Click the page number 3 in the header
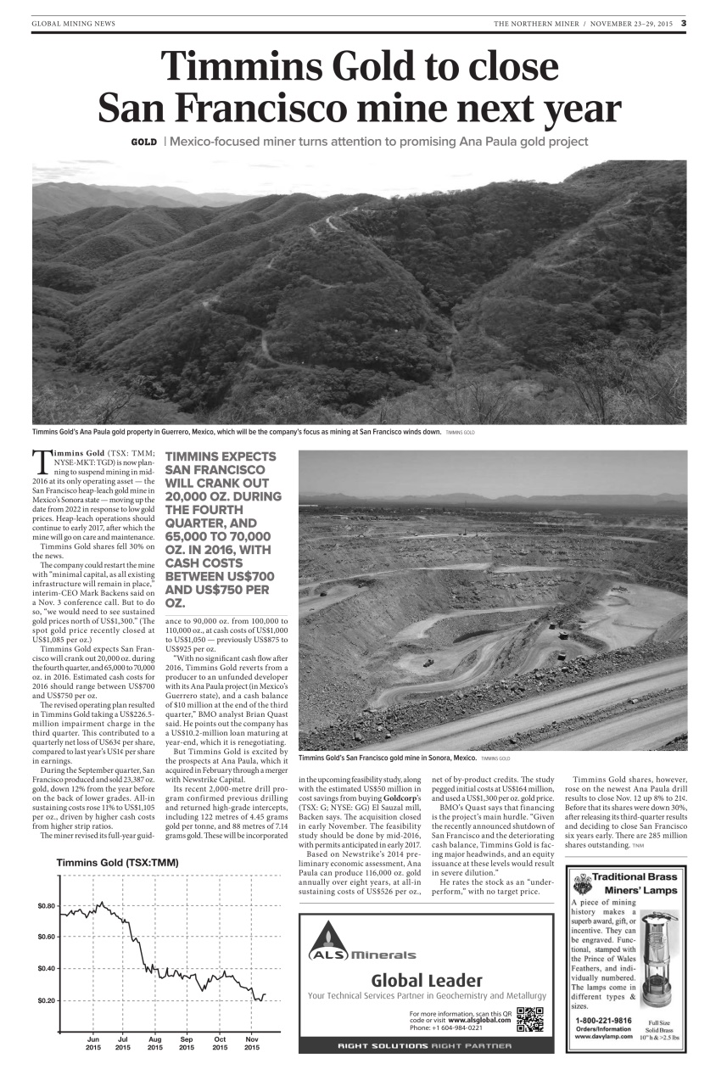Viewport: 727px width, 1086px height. (x=683, y=23)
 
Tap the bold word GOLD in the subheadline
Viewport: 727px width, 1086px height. (x=143, y=142)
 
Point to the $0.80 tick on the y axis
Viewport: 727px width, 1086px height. (x=47, y=906)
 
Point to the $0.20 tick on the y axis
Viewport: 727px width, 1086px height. (x=47, y=1000)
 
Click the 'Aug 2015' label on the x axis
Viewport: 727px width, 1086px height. (x=155, y=1043)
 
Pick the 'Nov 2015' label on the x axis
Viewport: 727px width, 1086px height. (x=252, y=1043)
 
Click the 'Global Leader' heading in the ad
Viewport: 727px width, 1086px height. (x=427, y=981)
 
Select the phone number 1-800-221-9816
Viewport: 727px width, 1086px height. (x=603, y=1020)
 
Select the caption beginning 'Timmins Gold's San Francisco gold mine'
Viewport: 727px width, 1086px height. (x=387, y=758)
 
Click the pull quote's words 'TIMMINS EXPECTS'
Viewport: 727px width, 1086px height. (x=215, y=456)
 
